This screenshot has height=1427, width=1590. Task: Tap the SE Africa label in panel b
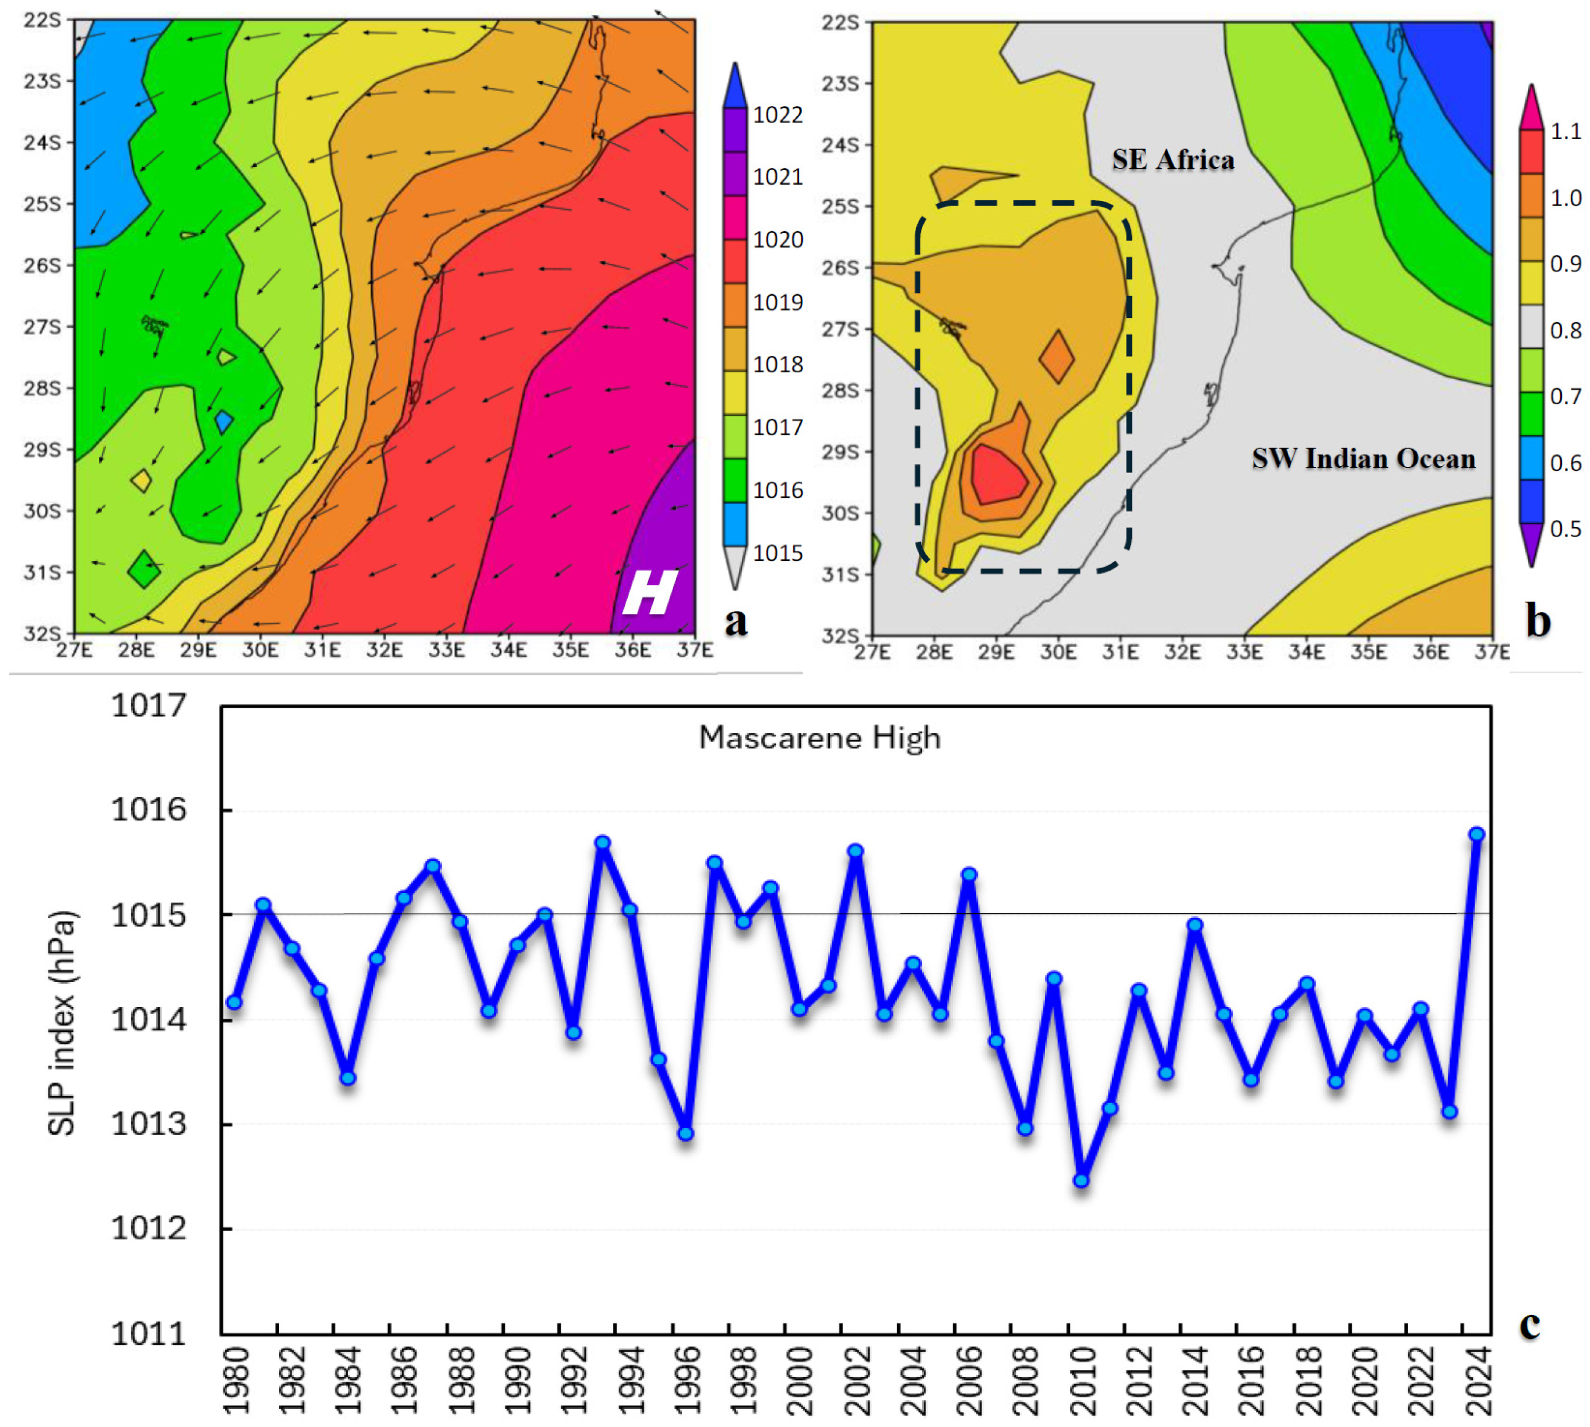(1172, 160)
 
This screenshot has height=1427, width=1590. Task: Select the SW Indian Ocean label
(1363, 459)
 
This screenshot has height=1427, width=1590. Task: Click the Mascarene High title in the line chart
(819, 738)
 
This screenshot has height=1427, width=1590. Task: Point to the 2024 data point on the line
(1476, 834)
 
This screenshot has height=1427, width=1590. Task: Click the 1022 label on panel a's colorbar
(778, 115)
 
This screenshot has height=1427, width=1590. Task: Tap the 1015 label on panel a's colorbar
(778, 553)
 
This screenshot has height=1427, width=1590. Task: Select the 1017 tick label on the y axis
(149, 706)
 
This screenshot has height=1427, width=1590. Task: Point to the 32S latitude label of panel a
(43, 634)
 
